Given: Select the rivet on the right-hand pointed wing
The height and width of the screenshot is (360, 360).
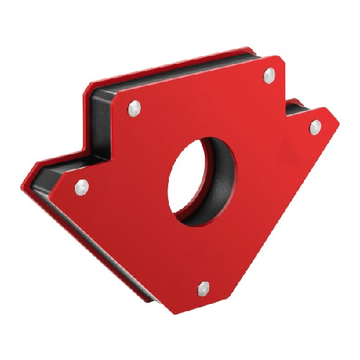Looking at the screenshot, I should tap(314, 126).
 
